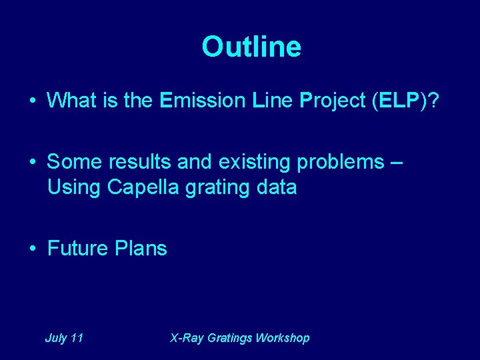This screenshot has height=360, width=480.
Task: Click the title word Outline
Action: point(251,47)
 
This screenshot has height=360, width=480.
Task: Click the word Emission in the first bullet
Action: point(203,101)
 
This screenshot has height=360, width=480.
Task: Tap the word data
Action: point(275,188)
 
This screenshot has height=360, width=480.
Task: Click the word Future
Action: point(78,249)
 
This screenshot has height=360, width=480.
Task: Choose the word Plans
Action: point(141,249)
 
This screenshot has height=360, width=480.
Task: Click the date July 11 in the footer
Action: point(64,338)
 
